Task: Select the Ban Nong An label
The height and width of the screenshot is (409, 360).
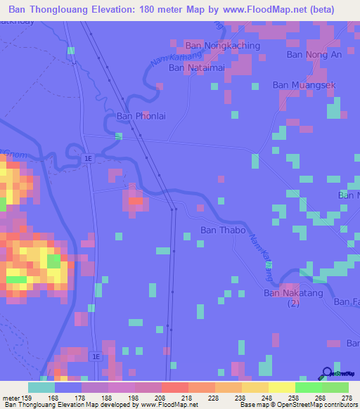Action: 314,54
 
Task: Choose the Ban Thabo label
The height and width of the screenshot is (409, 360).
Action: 223,230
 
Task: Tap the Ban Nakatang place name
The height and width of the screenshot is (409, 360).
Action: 291,293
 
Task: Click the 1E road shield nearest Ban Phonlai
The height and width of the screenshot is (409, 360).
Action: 87,159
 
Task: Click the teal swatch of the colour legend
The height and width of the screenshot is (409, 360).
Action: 41,387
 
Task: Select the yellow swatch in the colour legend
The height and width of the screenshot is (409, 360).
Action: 282,387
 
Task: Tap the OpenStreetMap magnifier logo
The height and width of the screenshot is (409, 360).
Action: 326,372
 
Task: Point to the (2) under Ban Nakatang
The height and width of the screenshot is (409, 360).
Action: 293,304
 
